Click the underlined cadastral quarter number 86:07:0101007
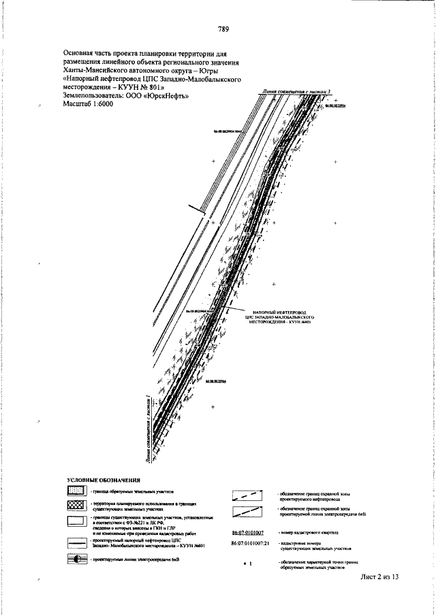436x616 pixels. coord(247,531)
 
